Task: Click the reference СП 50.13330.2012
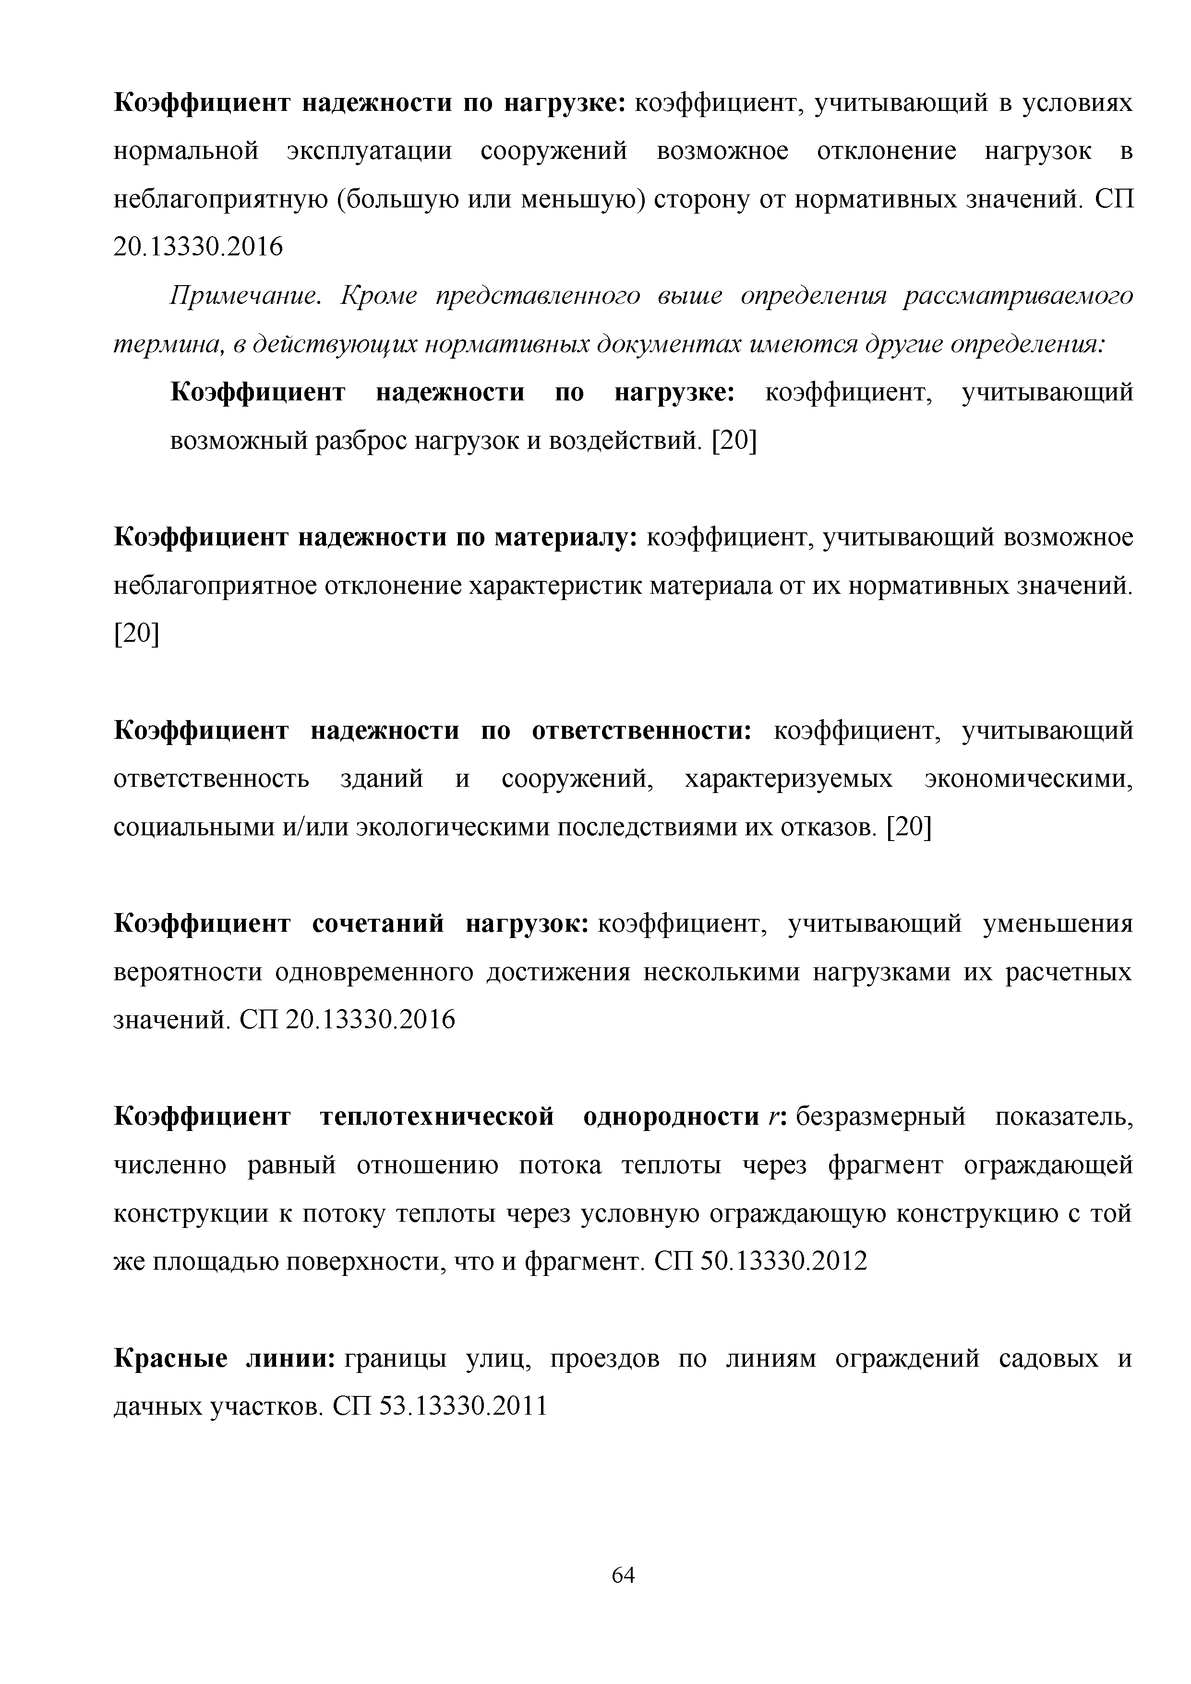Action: point(760,1261)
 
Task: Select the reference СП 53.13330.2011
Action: point(440,1406)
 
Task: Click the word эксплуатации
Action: point(369,151)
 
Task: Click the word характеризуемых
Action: point(788,779)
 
